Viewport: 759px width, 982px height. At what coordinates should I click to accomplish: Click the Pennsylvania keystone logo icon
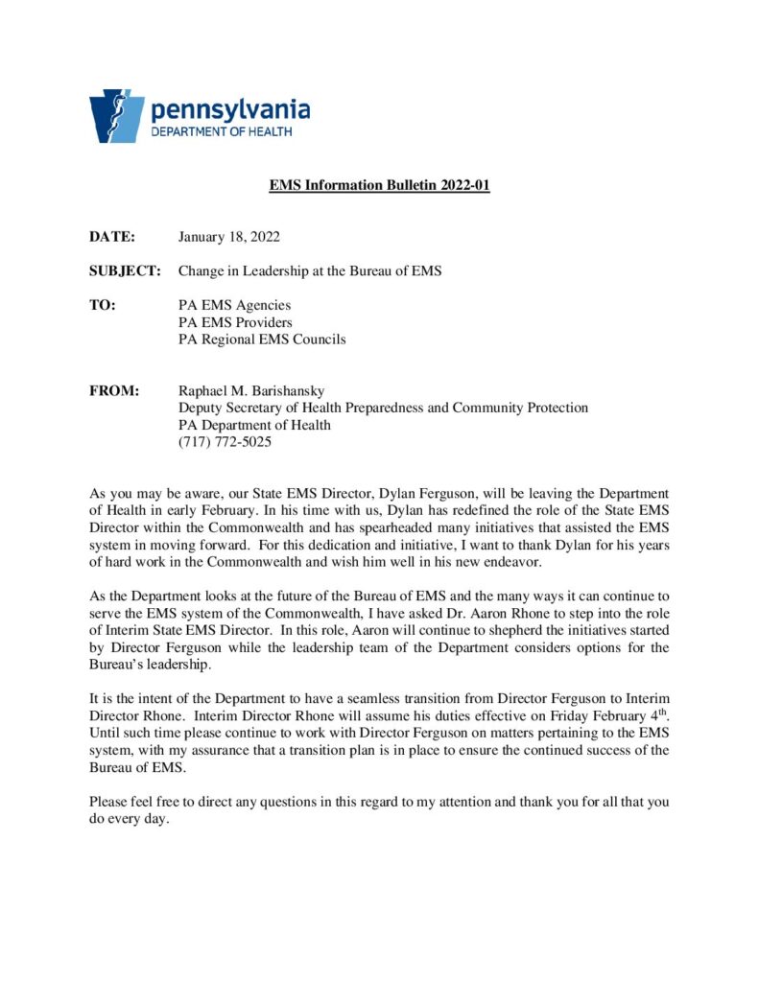(x=116, y=116)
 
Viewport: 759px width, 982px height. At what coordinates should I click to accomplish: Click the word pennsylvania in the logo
(x=229, y=109)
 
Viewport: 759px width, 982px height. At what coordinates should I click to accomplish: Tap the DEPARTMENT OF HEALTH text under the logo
(x=222, y=131)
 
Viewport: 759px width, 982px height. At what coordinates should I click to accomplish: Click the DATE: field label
(x=112, y=236)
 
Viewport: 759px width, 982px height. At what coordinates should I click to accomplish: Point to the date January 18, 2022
(x=228, y=236)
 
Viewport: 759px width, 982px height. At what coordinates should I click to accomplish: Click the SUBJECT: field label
(x=125, y=270)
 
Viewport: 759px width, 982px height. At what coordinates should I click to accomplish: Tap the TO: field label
(x=103, y=305)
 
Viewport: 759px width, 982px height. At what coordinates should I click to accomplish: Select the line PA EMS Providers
(x=235, y=322)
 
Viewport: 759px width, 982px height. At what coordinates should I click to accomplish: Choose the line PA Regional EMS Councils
(x=262, y=339)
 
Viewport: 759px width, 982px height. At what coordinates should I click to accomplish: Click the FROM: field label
(x=114, y=391)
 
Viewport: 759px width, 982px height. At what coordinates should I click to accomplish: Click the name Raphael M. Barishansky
(x=252, y=391)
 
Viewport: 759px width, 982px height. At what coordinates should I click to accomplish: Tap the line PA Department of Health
(x=254, y=426)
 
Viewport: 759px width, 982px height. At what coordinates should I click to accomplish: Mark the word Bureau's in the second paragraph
(x=117, y=666)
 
